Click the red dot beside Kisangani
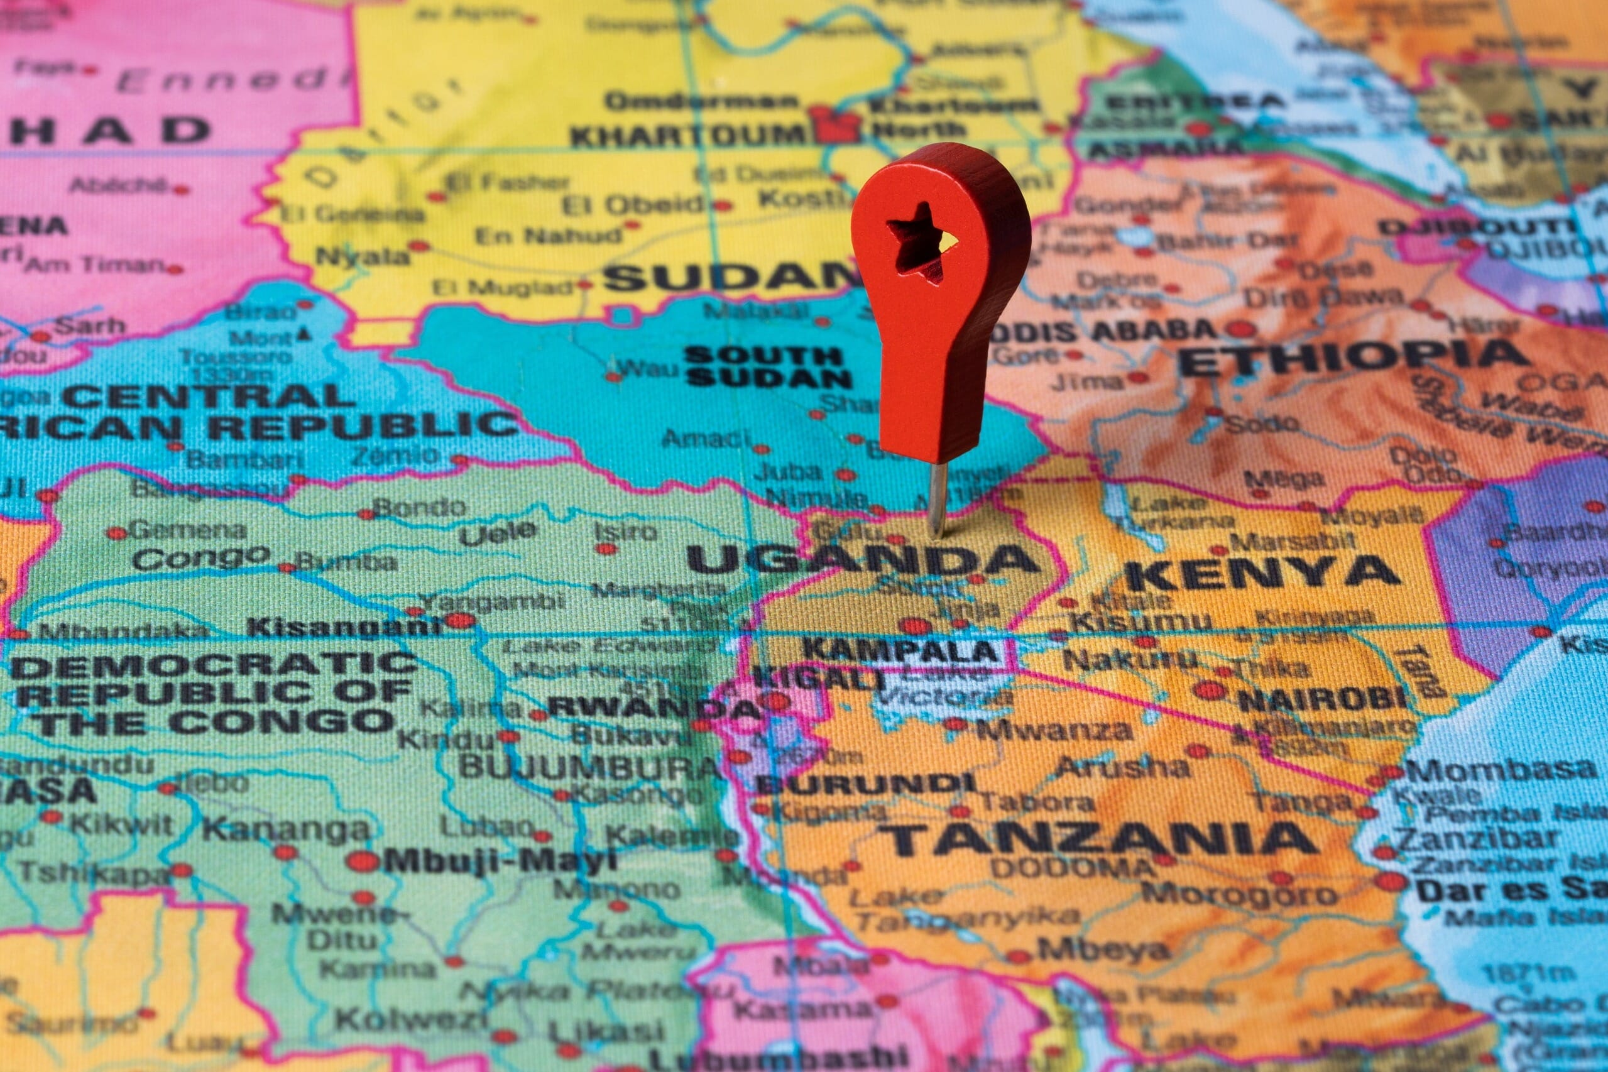460,620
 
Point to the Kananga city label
285,829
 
